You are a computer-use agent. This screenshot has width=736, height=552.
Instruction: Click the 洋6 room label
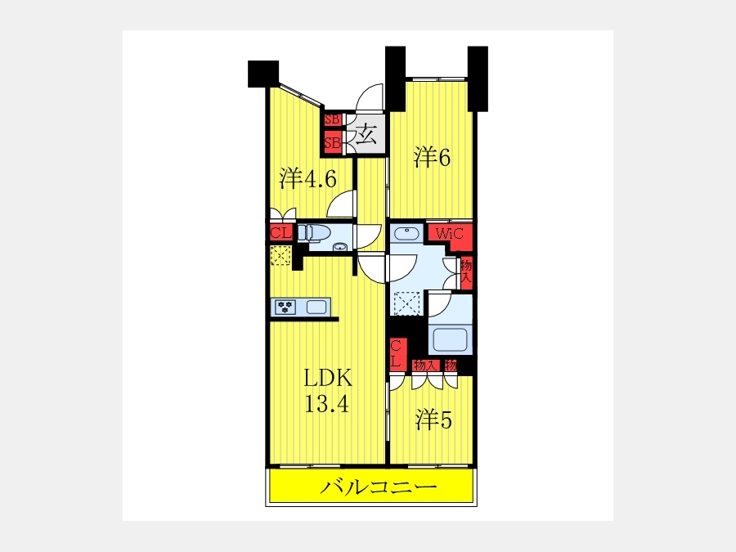[x=432, y=157]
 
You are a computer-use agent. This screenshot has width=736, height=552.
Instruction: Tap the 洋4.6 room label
[x=308, y=178]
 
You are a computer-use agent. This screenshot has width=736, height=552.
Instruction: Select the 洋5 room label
[x=433, y=420]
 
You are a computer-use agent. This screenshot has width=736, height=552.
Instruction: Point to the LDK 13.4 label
[x=326, y=391]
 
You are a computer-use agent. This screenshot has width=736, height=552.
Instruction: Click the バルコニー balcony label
[x=379, y=487]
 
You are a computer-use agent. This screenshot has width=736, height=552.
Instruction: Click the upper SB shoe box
[x=332, y=119]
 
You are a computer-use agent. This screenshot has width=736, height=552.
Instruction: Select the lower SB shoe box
[x=332, y=142]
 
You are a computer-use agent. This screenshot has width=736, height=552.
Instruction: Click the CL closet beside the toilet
[x=281, y=233]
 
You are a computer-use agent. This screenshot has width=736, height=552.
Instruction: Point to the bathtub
[x=451, y=339]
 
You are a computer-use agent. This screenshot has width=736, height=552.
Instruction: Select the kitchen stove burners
[x=284, y=307]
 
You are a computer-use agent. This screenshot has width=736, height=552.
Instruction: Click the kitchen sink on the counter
[x=316, y=307]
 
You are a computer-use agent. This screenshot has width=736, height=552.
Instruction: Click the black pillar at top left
[x=263, y=74]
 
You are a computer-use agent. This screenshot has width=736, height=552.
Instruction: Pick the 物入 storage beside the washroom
[x=466, y=272]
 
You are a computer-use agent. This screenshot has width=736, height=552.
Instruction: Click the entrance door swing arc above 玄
[x=370, y=96]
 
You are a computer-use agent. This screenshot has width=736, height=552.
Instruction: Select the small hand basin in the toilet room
[x=339, y=247]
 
